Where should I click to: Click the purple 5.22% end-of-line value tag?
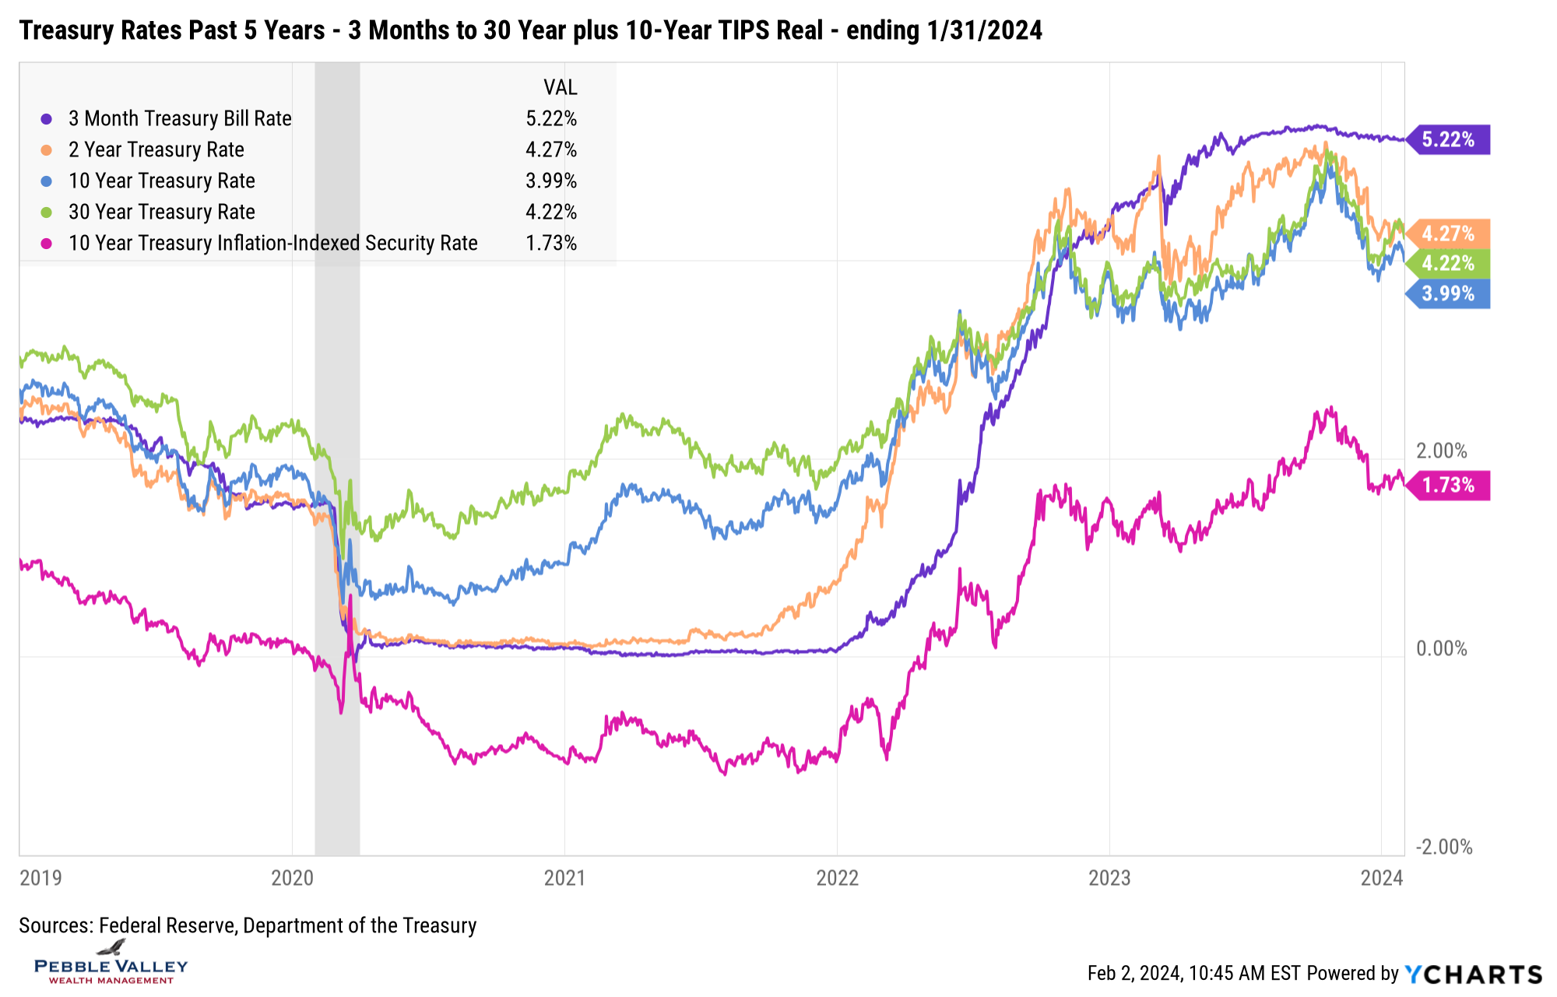tap(1448, 140)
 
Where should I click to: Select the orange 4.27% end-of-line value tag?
tap(1448, 233)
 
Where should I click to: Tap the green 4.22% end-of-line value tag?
tap(1448, 263)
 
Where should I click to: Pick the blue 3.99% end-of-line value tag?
tap(1448, 294)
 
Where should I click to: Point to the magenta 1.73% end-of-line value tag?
tap(1448, 486)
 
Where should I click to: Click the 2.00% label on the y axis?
tap(1441, 451)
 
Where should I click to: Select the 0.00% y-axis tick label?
tap(1441, 648)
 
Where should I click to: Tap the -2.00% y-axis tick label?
tap(1444, 847)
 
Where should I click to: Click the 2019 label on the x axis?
tap(40, 878)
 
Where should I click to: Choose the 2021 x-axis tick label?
tap(564, 878)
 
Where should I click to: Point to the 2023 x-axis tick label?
tap(1109, 878)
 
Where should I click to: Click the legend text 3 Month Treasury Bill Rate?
tap(180, 118)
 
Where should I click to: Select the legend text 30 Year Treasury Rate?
tap(161, 212)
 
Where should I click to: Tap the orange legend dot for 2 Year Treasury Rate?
tap(47, 149)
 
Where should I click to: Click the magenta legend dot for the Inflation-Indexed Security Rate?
tap(47, 243)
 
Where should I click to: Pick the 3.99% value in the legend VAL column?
tap(551, 181)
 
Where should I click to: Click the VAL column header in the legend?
tap(560, 87)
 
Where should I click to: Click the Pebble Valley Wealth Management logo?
tap(111, 964)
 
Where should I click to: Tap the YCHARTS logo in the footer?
tap(1473, 974)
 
